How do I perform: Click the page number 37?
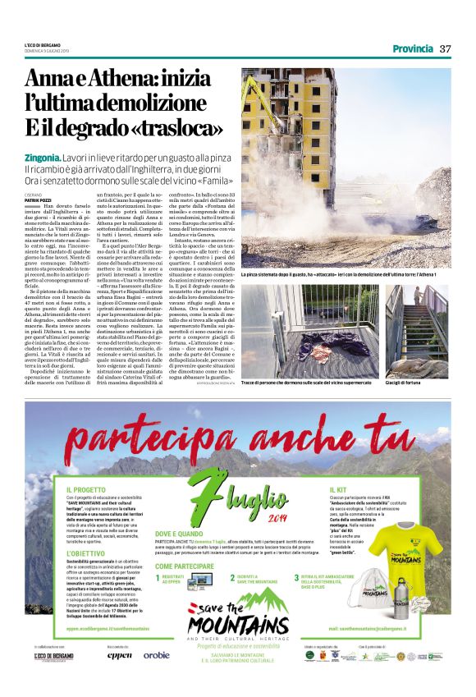point(446,48)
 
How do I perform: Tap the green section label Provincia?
point(413,48)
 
